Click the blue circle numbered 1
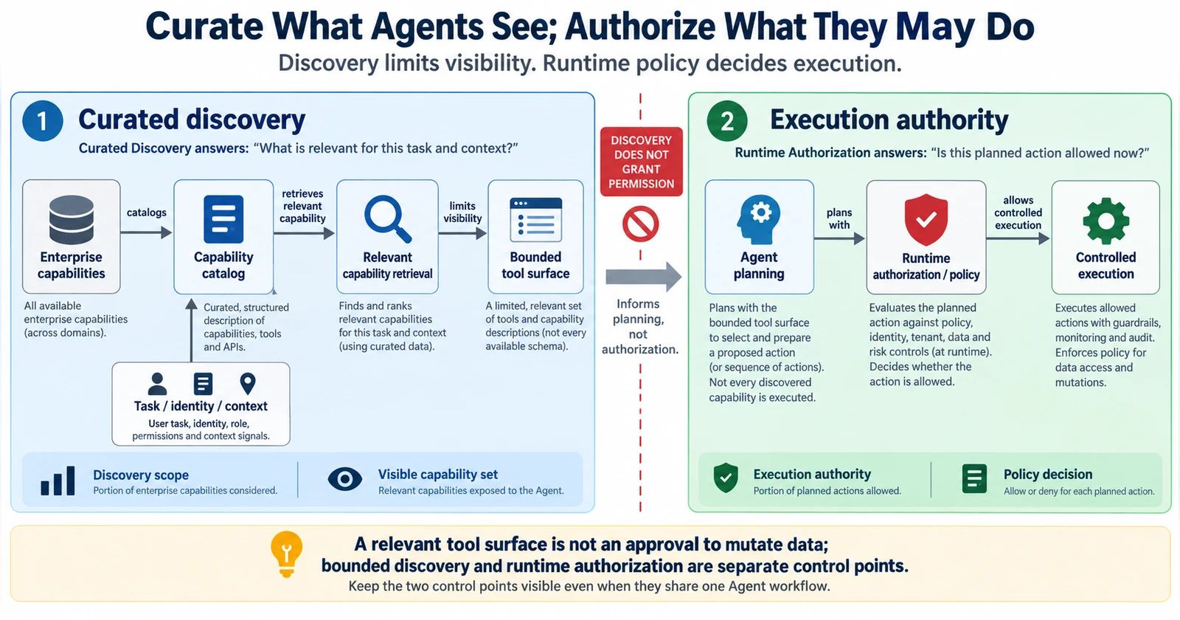pyautogui.click(x=43, y=121)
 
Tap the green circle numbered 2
pyautogui.click(x=727, y=121)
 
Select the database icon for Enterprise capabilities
pyautogui.click(x=71, y=220)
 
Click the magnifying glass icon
pyautogui.click(x=388, y=218)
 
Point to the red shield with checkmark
pyautogui.click(x=926, y=219)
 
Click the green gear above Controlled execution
pyautogui.click(x=1106, y=221)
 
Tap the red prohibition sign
pyautogui.click(x=641, y=224)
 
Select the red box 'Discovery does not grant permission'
pyautogui.click(x=641, y=162)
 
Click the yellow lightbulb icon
pyautogui.click(x=287, y=554)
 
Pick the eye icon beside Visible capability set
pyautogui.click(x=345, y=479)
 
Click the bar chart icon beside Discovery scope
pyautogui.click(x=58, y=480)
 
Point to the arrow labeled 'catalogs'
pyautogui.click(x=147, y=232)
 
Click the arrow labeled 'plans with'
pyautogui.click(x=840, y=239)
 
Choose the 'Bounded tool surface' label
pyautogui.click(x=535, y=265)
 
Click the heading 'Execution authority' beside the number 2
pyautogui.click(x=889, y=120)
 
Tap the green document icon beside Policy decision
pyautogui.click(x=974, y=479)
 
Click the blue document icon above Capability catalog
pyautogui.click(x=223, y=218)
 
